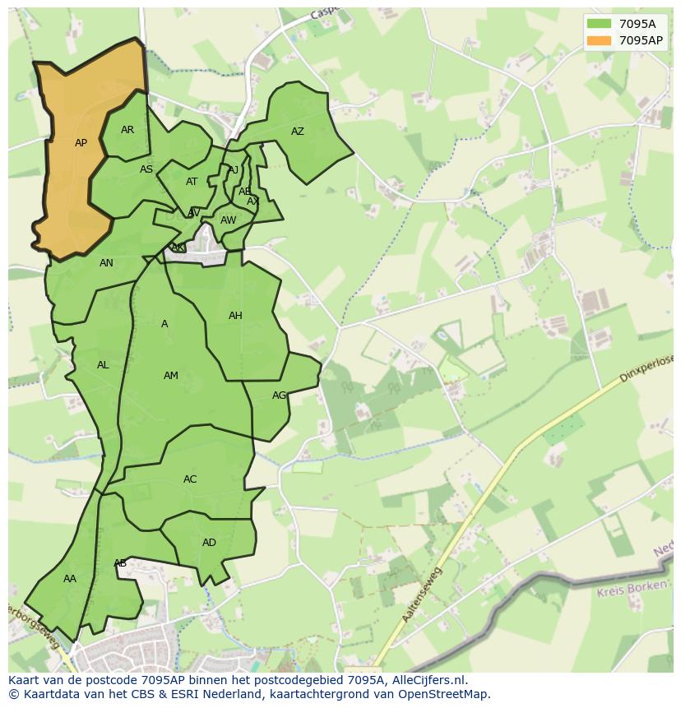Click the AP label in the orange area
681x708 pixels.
pyautogui.click(x=81, y=143)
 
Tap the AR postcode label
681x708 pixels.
pyautogui.click(x=127, y=130)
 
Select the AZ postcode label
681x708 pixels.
pyautogui.click(x=298, y=132)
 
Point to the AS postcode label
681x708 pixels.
pyautogui.click(x=146, y=169)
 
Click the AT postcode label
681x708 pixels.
pyautogui.click(x=192, y=182)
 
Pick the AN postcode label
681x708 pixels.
pyautogui.click(x=106, y=263)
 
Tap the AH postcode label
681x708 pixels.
pyautogui.click(x=235, y=316)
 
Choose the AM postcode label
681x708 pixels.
pyautogui.click(x=170, y=376)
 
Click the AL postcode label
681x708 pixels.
pyautogui.click(x=103, y=365)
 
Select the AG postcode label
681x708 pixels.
pyautogui.click(x=279, y=396)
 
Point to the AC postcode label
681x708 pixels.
pyautogui.click(x=190, y=479)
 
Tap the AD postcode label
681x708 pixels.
pyautogui.click(x=209, y=543)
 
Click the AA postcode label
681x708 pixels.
pyautogui.click(x=70, y=579)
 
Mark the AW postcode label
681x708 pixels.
pyautogui.click(x=228, y=220)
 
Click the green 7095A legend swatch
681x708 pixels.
pyautogui.click(x=599, y=23)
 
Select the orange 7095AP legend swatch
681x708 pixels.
pyautogui.click(x=599, y=39)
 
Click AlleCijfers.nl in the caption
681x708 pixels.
pyautogui.click(x=426, y=680)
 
